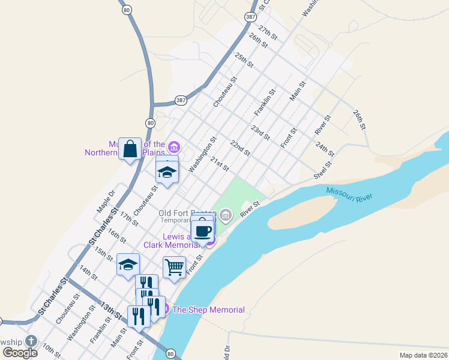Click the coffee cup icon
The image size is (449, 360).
[x=203, y=230]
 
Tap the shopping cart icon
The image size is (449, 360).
[x=174, y=266]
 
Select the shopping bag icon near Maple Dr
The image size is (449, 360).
[x=130, y=148]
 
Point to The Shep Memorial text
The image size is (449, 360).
[x=208, y=310]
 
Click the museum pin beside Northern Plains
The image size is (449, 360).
[x=174, y=146]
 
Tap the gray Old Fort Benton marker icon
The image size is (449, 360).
[x=226, y=214]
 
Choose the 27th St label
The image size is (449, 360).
[x=267, y=32]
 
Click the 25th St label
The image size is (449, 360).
[x=245, y=61]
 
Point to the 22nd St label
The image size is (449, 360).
[x=240, y=148]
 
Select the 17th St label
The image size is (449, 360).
[x=128, y=218]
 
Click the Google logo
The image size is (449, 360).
[x=20, y=352]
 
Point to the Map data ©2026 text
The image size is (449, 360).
[x=423, y=355]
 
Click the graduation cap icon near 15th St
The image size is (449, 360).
[x=128, y=265]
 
